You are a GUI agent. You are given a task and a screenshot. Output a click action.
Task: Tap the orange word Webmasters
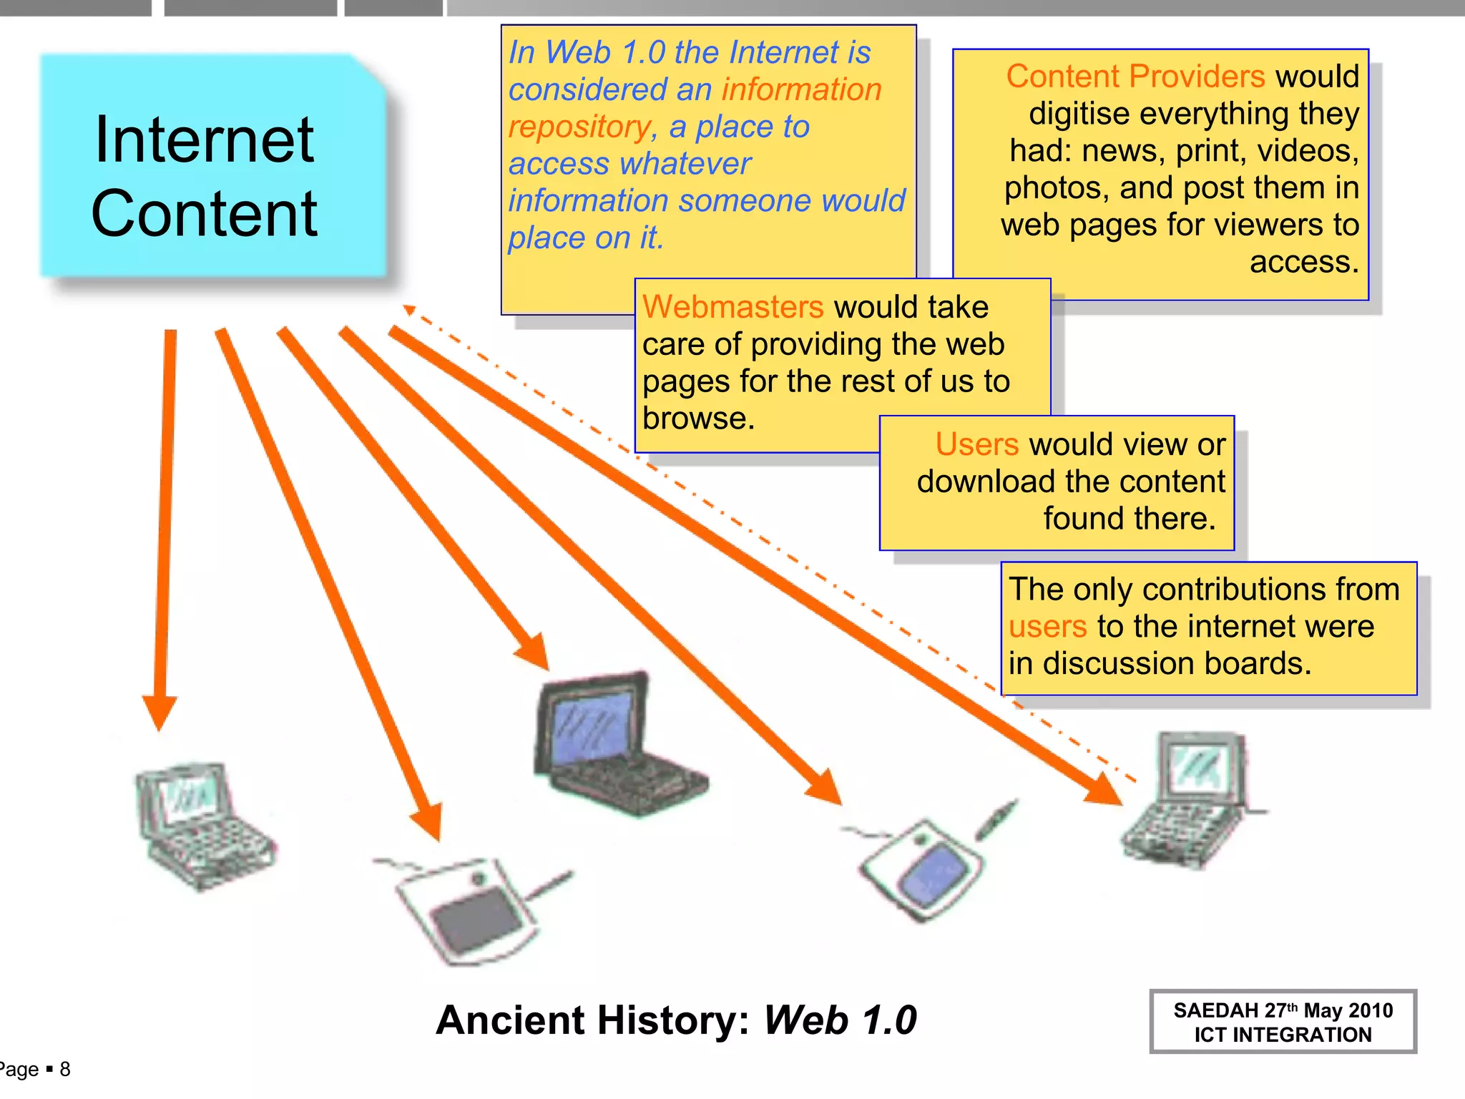(732, 308)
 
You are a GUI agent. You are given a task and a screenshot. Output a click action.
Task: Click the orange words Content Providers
(1135, 77)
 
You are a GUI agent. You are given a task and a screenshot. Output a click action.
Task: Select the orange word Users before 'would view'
(976, 444)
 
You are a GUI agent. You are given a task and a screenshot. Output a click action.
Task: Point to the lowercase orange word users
(1047, 627)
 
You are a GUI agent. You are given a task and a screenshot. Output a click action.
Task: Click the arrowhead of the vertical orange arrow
(160, 712)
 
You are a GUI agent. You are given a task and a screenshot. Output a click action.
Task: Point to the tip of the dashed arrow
(408, 309)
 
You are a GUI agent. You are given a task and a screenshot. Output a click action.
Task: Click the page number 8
(65, 1069)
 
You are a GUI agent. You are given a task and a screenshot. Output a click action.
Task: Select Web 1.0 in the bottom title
(840, 1020)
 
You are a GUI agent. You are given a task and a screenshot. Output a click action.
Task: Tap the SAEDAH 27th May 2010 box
(1283, 1022)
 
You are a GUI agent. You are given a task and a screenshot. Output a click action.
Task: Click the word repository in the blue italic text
(578, 127)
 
